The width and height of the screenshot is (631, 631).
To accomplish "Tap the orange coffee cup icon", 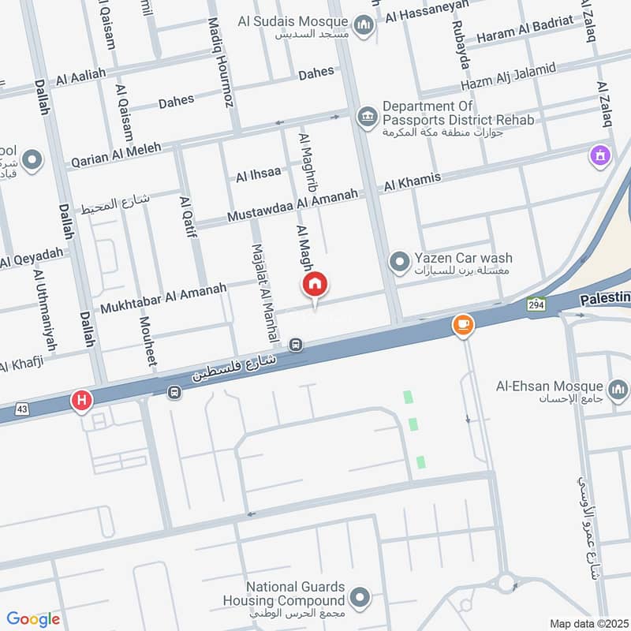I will (x=463, y=324).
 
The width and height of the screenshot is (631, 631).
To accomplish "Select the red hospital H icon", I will (x=81, y=401).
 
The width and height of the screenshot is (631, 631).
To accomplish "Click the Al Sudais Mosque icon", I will (x=364, y=27).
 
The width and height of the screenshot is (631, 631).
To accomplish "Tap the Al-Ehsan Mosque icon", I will (x=617, y=388).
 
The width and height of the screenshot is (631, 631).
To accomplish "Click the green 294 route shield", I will (x=537, y=304).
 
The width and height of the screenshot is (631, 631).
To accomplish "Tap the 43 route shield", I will (x=21, y=408).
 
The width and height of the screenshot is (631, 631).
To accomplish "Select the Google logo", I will (x=34, y=619).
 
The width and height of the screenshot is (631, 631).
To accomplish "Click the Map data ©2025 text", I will (x=587, y=623).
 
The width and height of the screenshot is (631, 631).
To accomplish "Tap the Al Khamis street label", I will (x=412, y=181).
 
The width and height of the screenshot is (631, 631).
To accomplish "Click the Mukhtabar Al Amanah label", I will (x=163, y=296).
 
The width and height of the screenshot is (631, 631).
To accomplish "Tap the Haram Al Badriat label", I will (x=531, y=23).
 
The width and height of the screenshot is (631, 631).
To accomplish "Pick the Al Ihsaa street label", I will (x=258, y=175).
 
